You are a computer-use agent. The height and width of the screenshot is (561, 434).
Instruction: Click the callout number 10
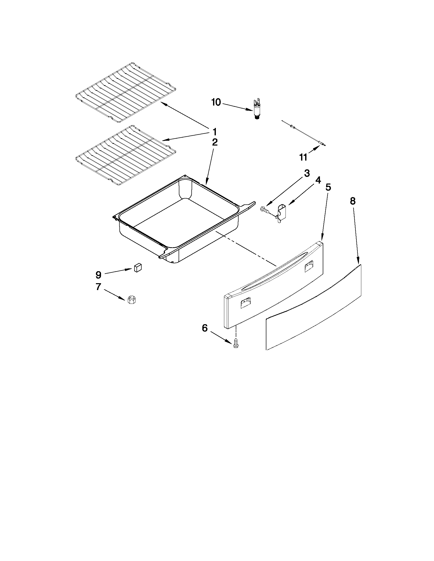(216, 102)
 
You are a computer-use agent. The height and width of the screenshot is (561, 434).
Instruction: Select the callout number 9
(98, 275)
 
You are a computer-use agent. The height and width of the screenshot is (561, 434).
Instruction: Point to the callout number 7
(98, 287)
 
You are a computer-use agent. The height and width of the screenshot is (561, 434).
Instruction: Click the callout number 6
(205, 328)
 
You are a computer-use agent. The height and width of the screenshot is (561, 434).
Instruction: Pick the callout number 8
(353, 201)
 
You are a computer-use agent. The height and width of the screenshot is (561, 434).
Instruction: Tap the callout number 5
(328, 187)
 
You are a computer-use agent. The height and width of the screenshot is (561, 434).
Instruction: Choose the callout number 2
(215, 142)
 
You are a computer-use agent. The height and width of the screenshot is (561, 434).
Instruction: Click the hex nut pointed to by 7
(132, 299)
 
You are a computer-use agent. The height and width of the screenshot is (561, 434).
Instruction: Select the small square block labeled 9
(138, 268)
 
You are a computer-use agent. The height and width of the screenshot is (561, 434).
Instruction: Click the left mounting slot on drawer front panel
(245, 303)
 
